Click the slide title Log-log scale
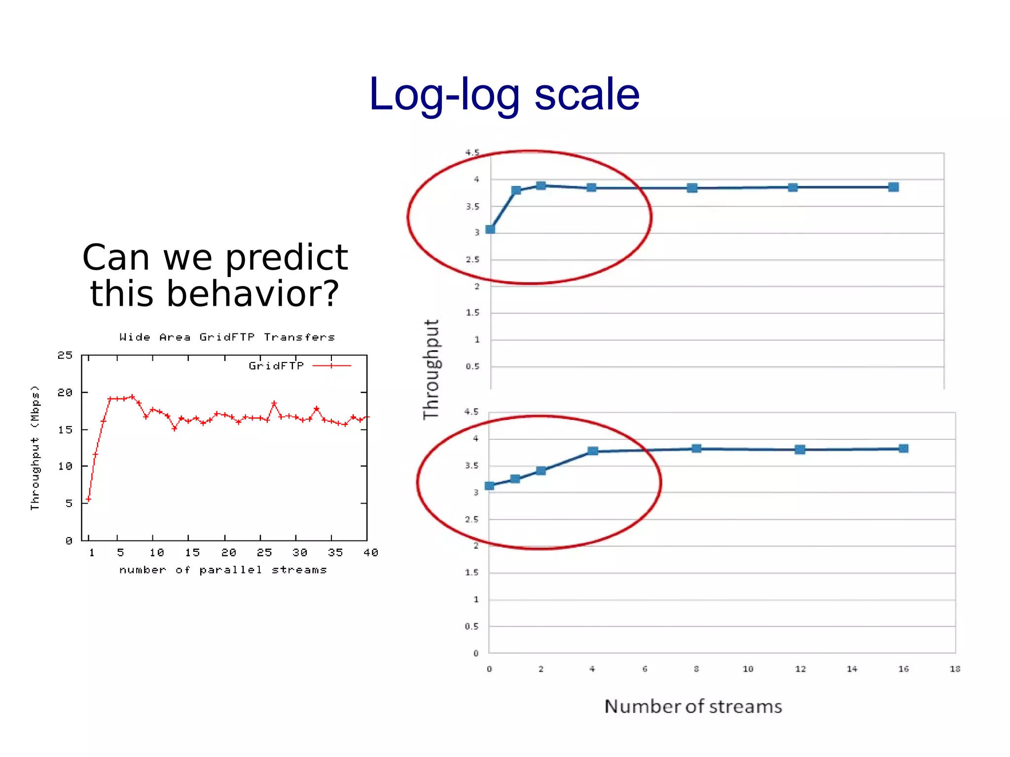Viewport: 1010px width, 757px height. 504,95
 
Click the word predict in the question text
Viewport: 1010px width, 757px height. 287,257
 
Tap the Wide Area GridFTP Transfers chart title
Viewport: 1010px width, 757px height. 227,337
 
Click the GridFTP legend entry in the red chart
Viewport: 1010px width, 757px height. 276,366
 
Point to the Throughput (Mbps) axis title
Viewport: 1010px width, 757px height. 35,448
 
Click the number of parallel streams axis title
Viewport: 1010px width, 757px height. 223,570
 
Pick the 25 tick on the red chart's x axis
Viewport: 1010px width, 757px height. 264,553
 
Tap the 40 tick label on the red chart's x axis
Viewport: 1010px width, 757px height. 370,553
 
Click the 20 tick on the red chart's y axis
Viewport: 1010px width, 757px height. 65,393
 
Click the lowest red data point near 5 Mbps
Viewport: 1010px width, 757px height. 88,499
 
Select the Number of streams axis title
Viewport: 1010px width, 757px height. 693,707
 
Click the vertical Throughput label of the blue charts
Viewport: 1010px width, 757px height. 431,370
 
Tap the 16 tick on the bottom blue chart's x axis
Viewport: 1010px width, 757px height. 903,669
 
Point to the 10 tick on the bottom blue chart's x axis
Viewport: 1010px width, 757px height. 748,669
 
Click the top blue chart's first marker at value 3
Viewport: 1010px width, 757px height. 490,229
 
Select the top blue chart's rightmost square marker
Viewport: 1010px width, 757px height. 893,187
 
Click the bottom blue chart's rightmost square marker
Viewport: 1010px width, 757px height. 903,448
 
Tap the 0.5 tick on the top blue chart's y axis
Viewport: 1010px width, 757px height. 472,366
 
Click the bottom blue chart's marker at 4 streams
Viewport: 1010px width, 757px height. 593,451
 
